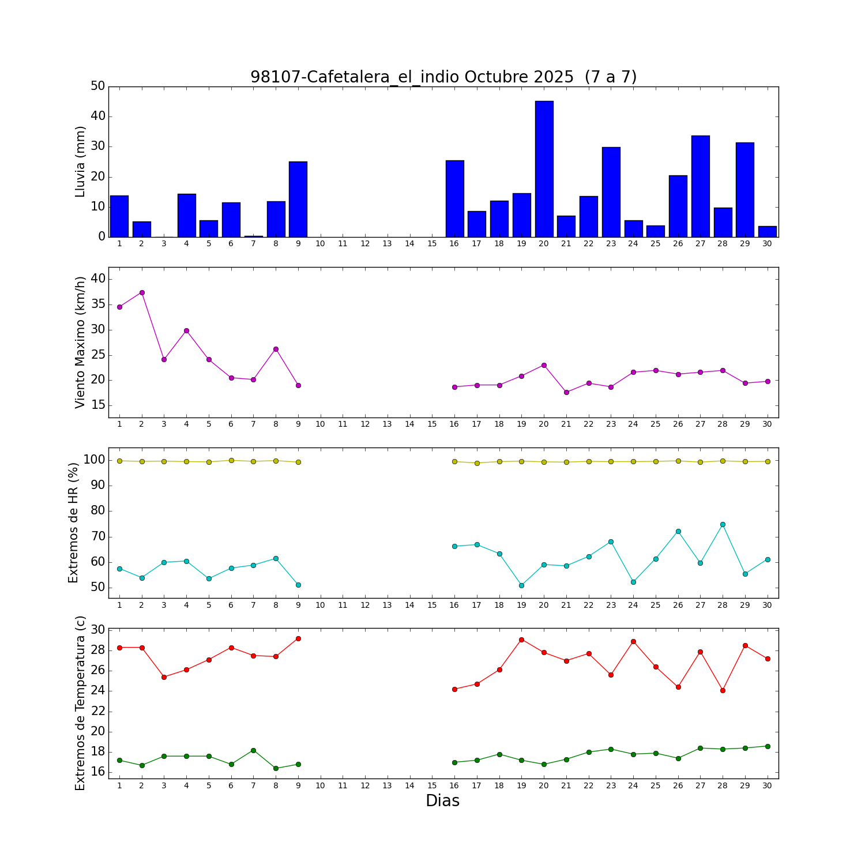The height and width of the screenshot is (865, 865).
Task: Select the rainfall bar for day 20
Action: pos(544,169)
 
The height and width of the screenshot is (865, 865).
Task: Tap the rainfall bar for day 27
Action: pos(700,186)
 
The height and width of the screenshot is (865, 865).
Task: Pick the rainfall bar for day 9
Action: pos(298,199)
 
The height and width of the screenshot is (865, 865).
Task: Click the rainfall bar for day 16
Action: pos(454,198)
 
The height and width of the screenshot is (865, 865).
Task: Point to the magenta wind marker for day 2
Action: pos(142,292)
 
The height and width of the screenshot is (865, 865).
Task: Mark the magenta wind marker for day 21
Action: pos(566,392)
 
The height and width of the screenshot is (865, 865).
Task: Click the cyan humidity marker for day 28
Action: pos(723,524)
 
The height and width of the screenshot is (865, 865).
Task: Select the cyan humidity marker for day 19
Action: pos(521,585)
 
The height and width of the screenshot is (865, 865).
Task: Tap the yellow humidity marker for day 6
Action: pos(231,460)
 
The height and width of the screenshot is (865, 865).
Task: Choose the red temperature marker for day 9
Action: pos(298,638)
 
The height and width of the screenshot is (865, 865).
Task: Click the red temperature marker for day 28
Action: pos(723,690)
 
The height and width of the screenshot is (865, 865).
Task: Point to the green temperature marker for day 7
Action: pos(253,750)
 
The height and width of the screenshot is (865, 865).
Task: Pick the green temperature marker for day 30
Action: pos(767,746)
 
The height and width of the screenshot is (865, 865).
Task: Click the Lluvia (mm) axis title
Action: pos(80,161)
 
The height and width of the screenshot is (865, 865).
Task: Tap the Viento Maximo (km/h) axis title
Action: pos(80,342)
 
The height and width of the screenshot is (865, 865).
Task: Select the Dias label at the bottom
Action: pos(442,800)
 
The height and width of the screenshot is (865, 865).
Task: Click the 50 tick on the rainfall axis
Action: pos(98,86)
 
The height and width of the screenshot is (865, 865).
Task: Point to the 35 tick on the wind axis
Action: pos(98,304)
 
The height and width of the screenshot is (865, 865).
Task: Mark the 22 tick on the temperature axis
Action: pos(98,711)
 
